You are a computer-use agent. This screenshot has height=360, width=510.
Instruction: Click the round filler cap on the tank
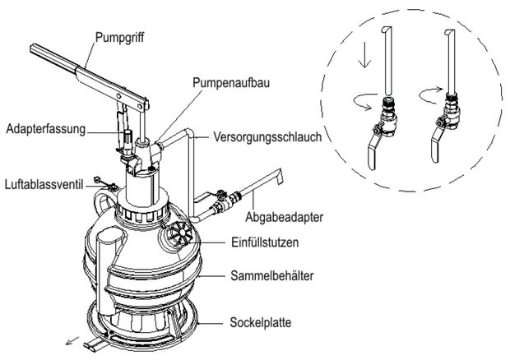(x=176, y=236)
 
